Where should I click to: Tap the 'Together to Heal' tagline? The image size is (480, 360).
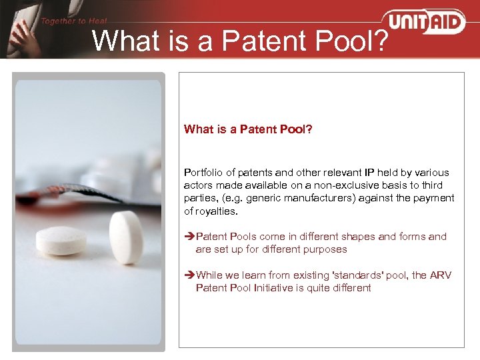click(73, 21)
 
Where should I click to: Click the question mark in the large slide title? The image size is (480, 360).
click(379, 41)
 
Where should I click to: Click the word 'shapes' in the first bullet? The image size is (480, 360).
click(341, 237)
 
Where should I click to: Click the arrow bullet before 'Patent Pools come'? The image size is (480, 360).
click(189, 237)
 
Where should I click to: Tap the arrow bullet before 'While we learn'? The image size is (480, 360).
click(189, 275)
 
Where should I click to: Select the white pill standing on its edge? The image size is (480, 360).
click(125, 237)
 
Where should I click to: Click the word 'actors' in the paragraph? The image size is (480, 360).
click(198, 185)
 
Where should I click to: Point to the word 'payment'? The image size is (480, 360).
click(435, 198)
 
